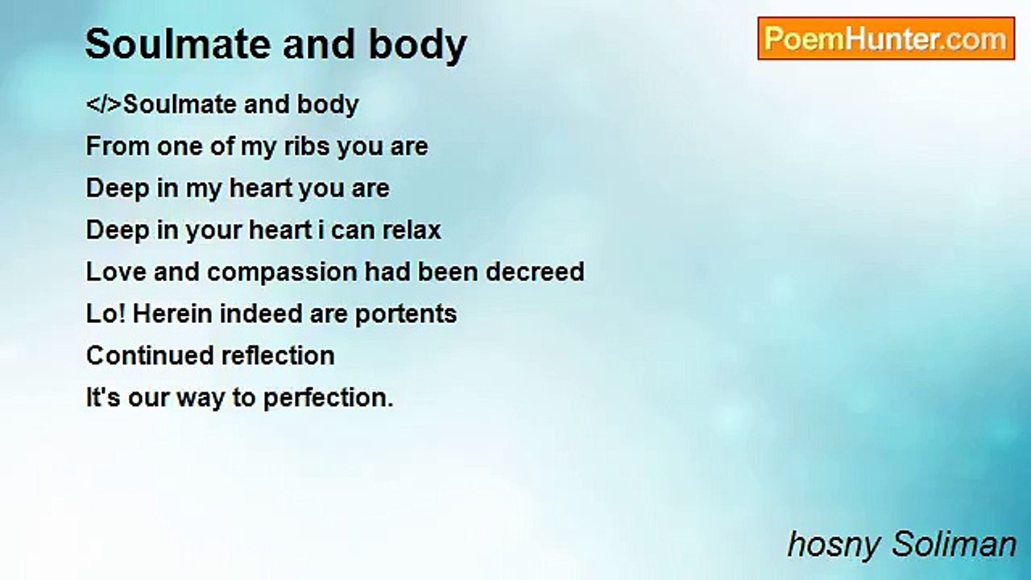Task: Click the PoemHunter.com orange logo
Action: pos(886,39)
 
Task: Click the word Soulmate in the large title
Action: pos(178,44)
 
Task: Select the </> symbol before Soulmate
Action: pos(104,105)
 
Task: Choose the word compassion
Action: pos(282,272)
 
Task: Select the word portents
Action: pos(406,315)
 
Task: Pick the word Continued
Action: pos(150,356)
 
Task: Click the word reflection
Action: pos(278,356)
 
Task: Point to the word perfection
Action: pos(328,399)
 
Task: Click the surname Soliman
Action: pos(954,545)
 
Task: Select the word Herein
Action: pos(172,314)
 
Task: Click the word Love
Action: pos(117,271)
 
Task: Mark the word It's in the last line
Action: pos(104,398)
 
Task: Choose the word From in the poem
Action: pos(118,147)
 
